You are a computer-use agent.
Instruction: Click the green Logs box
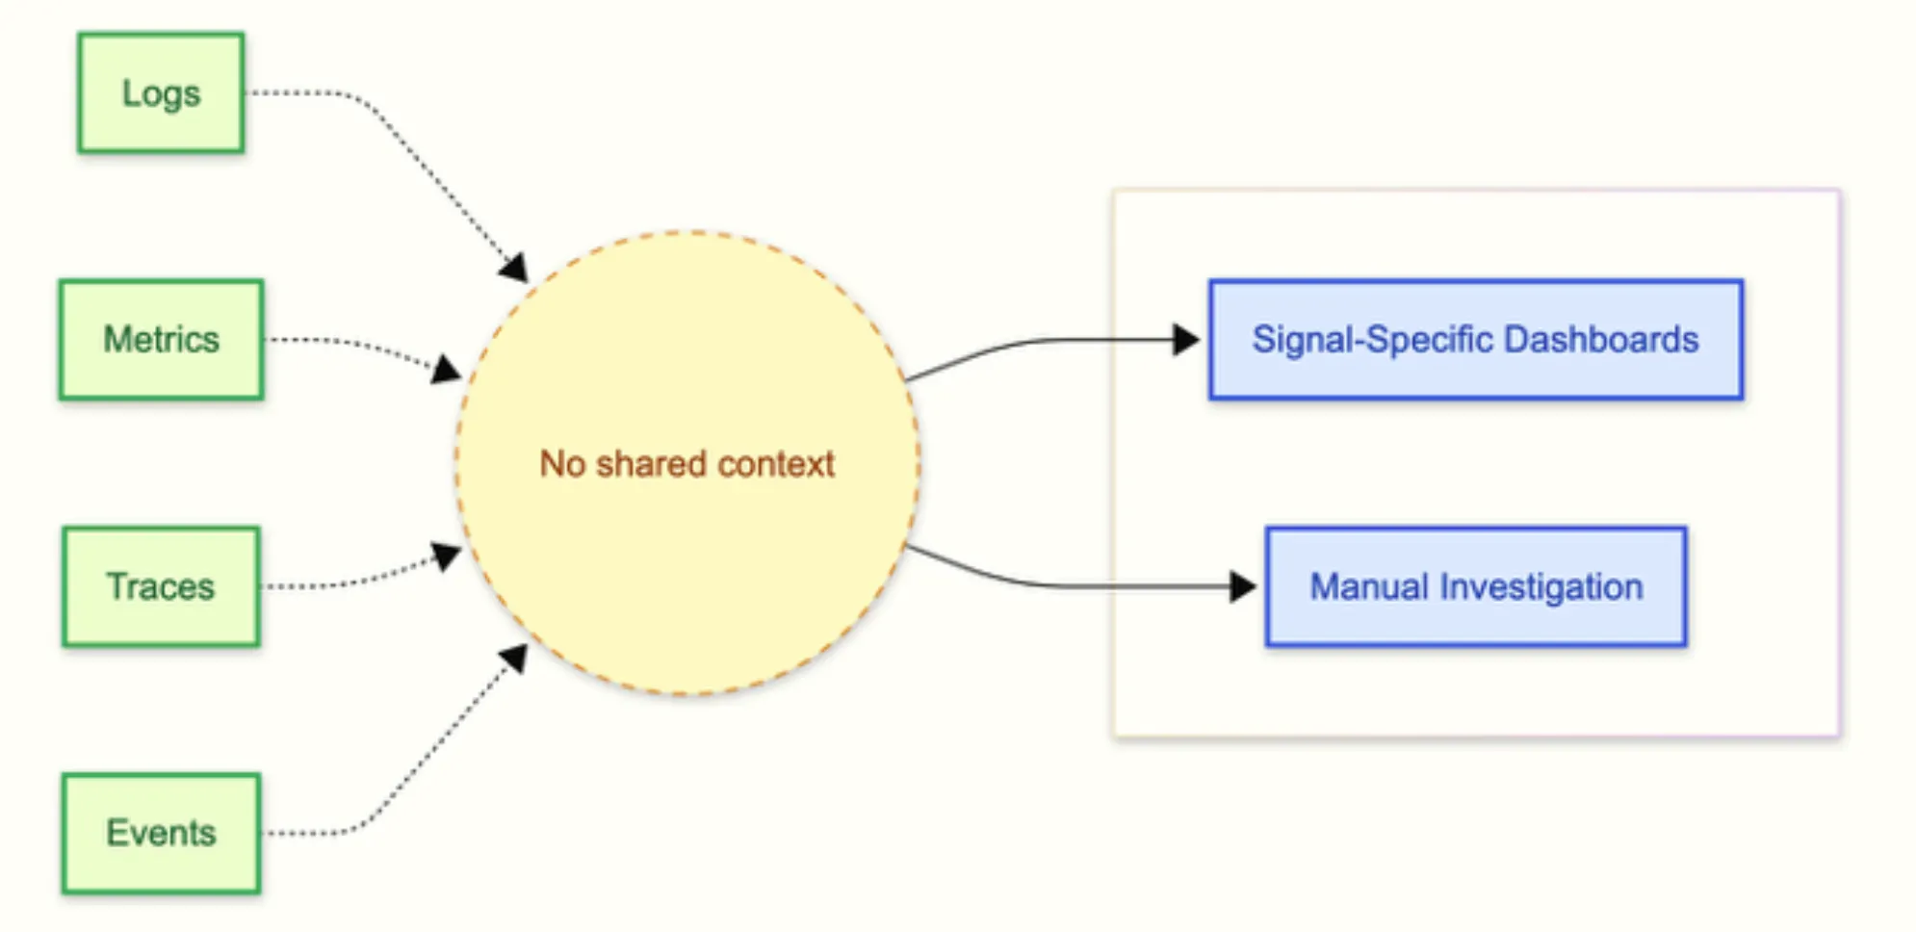point(161,92)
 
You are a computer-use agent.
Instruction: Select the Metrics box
point(161,339)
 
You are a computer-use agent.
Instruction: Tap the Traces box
point(161,585)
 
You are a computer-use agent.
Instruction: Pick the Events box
point(161,833)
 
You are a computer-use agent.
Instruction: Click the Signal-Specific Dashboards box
point(1475,339)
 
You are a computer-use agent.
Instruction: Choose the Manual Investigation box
point(1475,585)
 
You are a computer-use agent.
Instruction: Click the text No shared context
point(686,464)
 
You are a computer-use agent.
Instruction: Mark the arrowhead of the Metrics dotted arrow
point(447,369)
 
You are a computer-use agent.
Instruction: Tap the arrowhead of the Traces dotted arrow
point(447,556)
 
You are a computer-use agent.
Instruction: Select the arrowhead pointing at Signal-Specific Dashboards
point(1185,339)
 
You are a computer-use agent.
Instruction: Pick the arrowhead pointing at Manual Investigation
point(1242,585)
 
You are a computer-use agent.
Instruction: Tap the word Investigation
point(1541,586)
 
